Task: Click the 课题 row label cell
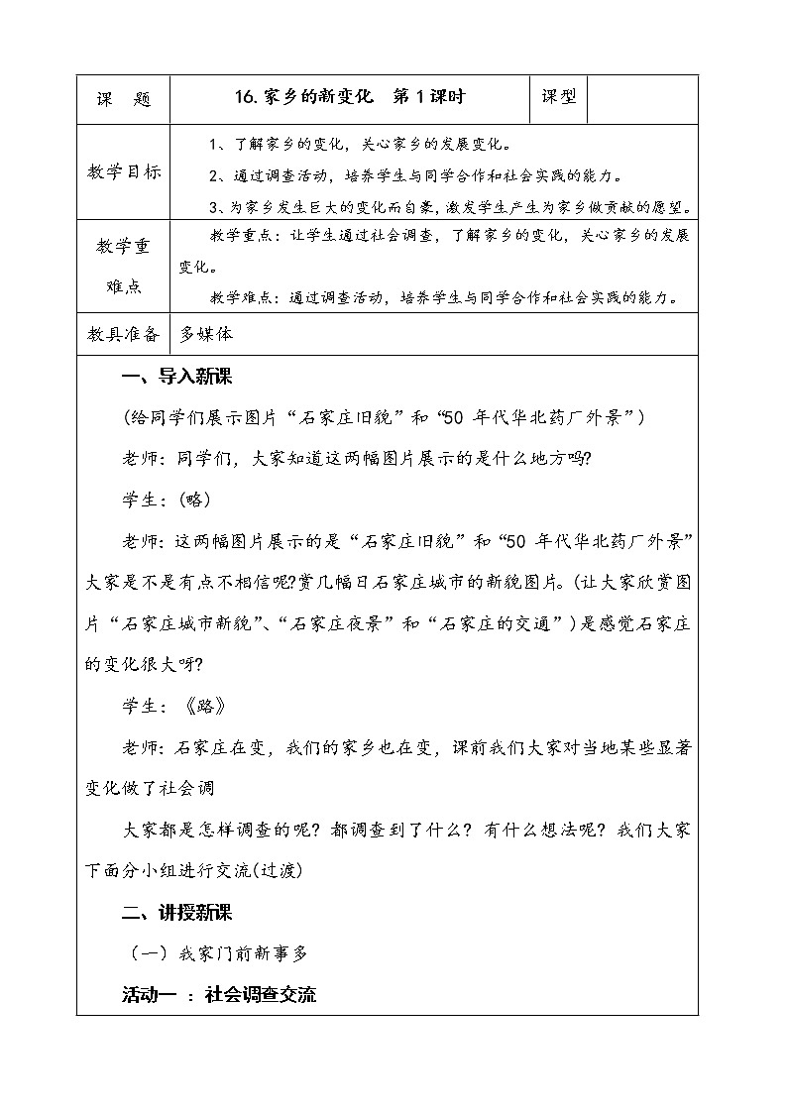[123, 98]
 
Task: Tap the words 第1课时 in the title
[429, 96]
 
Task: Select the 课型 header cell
[559, 96]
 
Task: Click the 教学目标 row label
[123, 174]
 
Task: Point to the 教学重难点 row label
[123, 266]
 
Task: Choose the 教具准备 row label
[123, 334]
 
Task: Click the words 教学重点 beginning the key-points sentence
[243, 236]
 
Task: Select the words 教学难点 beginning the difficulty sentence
[243, 296]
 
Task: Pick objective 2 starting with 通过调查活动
[415, 175]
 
